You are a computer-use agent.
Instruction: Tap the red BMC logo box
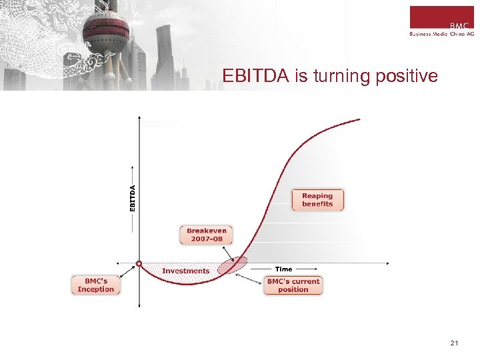pos(441,17)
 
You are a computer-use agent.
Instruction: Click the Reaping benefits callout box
pos(317,200)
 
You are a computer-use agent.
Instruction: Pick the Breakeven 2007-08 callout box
pos(205,235)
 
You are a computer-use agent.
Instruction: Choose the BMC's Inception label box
pos(96,285)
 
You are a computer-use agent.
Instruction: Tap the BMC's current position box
pos(293,285)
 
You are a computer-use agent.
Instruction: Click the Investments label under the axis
pos(185,271)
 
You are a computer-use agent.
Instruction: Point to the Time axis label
pos(283,269)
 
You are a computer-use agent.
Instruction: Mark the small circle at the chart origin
pos(139,263)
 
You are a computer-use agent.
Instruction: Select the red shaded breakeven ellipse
pos(233,265)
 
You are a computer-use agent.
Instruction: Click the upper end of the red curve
pos(359,120)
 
